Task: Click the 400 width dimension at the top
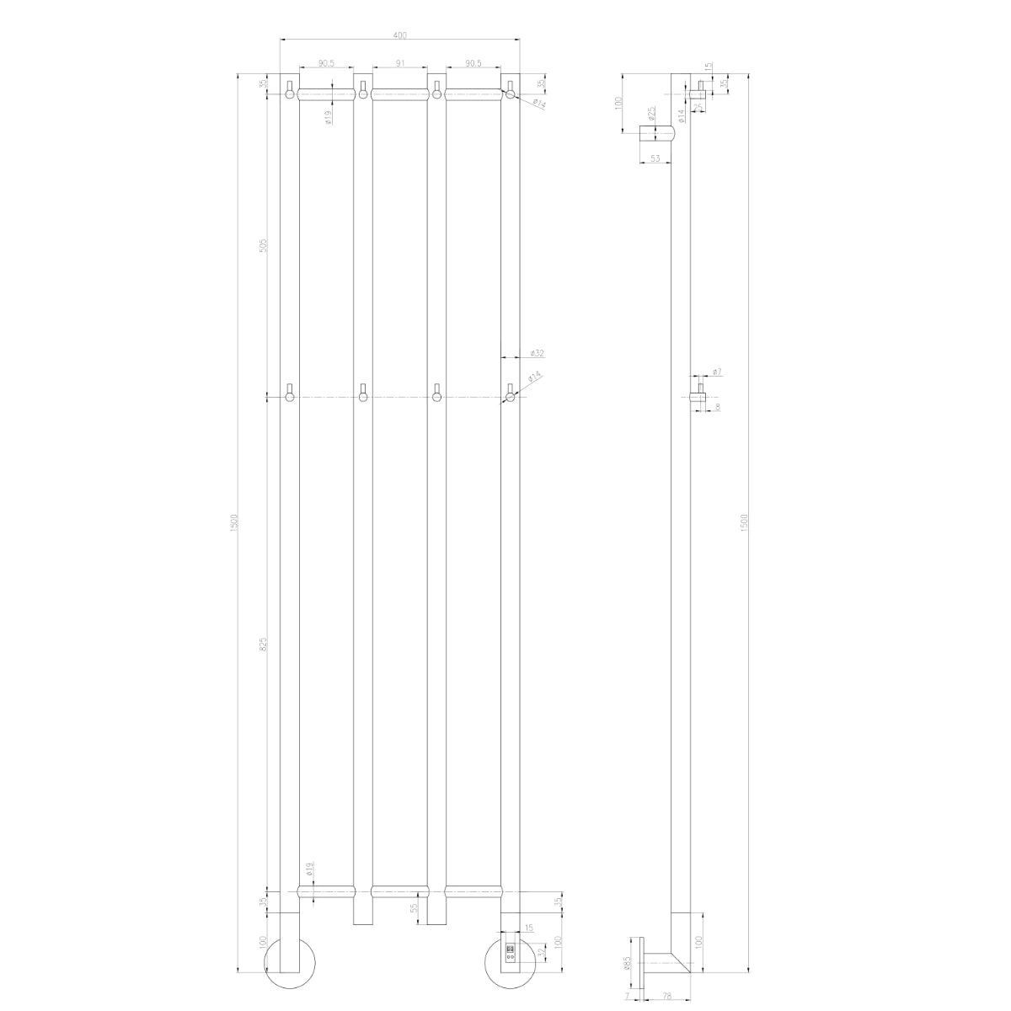pos(399,35)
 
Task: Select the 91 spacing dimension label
pos(399,63)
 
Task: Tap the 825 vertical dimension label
pos(263,645)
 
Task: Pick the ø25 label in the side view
pos(652,112)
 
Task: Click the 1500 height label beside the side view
pos(744,522)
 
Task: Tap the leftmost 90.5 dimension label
pos(326,63)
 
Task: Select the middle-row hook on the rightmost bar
pos(510,394)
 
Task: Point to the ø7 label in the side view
pos(716,372)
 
